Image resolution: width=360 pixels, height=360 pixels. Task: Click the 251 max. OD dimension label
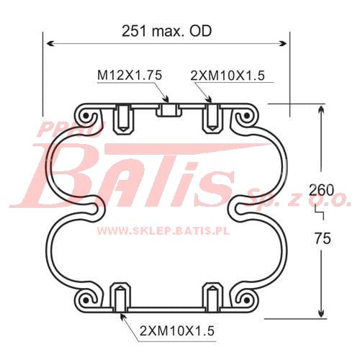tap(167, 31)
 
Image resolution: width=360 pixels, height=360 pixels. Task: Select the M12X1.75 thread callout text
tap(130, 75)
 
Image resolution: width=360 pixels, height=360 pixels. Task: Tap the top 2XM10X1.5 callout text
tap(228, 76)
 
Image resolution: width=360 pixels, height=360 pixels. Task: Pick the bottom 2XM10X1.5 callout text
tap(177, 331)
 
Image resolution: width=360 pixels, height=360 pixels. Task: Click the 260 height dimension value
tap(321, 190)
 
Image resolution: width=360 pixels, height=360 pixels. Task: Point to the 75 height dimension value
tap(323, 238)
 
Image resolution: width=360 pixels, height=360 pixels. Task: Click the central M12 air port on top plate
tap(168, 110)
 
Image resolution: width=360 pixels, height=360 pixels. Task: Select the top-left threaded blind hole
tap(122, 119)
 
